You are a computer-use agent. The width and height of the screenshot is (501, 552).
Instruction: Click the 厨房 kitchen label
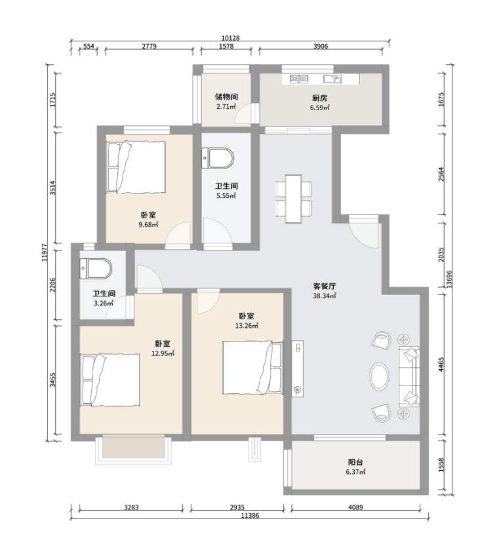[x=319, y=98]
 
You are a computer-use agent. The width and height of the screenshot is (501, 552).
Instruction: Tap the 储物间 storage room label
[x=226, y=97]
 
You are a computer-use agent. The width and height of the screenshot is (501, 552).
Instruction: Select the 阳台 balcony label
[x=355, y=462]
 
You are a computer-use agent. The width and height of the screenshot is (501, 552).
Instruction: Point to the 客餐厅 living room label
[x=324, y=286]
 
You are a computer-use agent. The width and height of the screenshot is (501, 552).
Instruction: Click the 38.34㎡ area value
[x=324, y=296]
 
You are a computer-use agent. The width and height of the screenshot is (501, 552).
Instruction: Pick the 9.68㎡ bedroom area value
[x=148, y=225]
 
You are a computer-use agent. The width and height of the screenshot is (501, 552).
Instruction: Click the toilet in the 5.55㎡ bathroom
[x=218, y=159]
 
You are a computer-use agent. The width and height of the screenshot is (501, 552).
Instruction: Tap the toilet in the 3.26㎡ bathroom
[x=96, y=269]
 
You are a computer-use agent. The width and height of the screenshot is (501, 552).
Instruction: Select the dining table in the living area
[x=293, y=199]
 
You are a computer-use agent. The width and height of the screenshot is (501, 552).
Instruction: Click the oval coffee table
[x=379, y=376]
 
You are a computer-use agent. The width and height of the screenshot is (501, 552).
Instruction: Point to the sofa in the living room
[x=409, y=376]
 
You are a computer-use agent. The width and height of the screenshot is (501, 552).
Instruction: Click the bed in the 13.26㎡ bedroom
[x=252, y=367]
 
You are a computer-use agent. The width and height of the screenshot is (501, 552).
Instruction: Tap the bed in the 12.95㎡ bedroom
[x=110, y=380]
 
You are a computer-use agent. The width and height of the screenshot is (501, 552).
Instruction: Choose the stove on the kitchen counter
[x=299, y=79]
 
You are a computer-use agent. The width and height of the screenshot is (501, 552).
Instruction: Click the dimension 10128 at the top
[x=230, y=38]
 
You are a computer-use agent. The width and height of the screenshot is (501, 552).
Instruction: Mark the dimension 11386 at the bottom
[x=250, y=516]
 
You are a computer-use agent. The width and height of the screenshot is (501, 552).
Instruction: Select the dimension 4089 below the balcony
[x=355, y=507]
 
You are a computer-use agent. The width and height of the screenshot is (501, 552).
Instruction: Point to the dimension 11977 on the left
[x=44, y=252]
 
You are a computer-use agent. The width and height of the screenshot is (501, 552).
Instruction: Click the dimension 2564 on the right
[x=441, y=174]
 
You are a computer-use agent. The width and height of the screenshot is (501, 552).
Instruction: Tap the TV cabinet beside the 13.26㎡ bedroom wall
[x=298, y=368]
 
